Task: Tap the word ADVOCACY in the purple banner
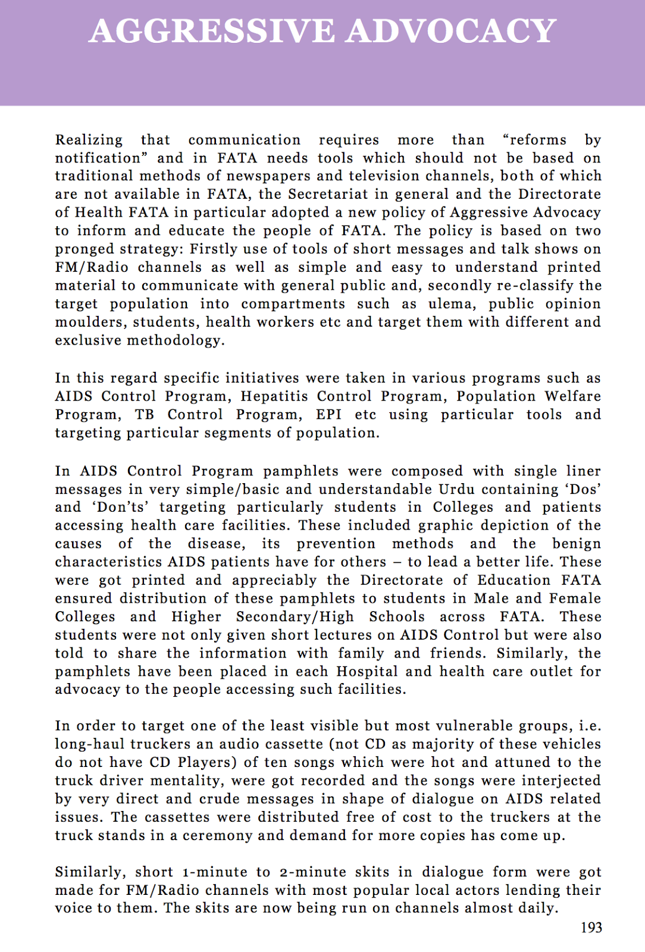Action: [x=451, y=32]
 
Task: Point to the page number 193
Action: [x=591, y=928]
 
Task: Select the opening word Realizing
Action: [x=89, y=140]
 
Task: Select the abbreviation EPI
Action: [x=328, y=415]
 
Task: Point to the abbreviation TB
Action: [x=145, y=415]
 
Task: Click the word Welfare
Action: [x=572, y=396]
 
